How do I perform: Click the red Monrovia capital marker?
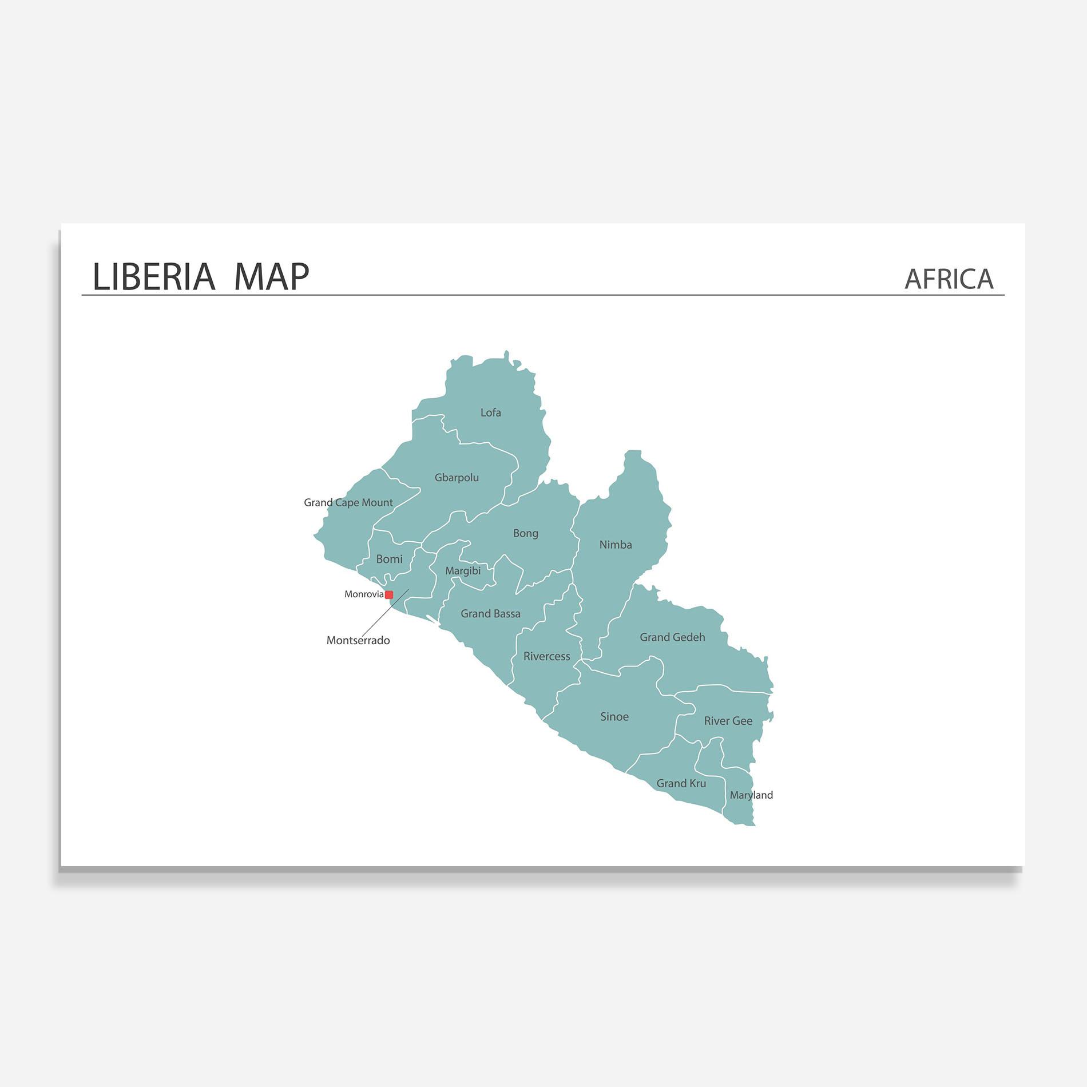pyautogui.click(x=389, y=595)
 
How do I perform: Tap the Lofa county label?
pyautogui.click(x=490, y=412)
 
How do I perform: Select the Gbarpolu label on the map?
pyautogui.click(x=457, y=478)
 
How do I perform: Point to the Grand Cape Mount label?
pyautogui.click(x=348, y=503)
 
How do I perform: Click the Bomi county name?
pyautogui.click(x=389, y=559)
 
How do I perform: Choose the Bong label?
pyautogui.click(x=525, y=533)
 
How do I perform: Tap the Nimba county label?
pyautogui.click(x=616, y=545)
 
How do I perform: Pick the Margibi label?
pyautogui.click(x=463, y=571)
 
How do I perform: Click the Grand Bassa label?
pyautogui.click(x=490, y=614)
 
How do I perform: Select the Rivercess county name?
pyautogui.click(x=546, y=656)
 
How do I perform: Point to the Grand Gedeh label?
pyautogui.click(x=672, y=637)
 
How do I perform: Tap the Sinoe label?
pyautogui.click(x=614, y=717)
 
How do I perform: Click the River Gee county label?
pyautogui.click(x=728, y=721)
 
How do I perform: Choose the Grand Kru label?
pyautogui.click(x=681, y=783)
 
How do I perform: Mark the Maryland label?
pyautogui.click(x=751, y=795)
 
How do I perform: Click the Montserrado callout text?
pyautogui.click(x=358, y=641)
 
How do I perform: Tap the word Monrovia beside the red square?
pyautogui.click(x=364, y=594)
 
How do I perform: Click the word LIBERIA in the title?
pyautogui.click(x=153, y=277)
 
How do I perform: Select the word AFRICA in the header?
pyautogui.click(x=949, y=279)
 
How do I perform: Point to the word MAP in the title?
pyautogui.click(x=271, y=277)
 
